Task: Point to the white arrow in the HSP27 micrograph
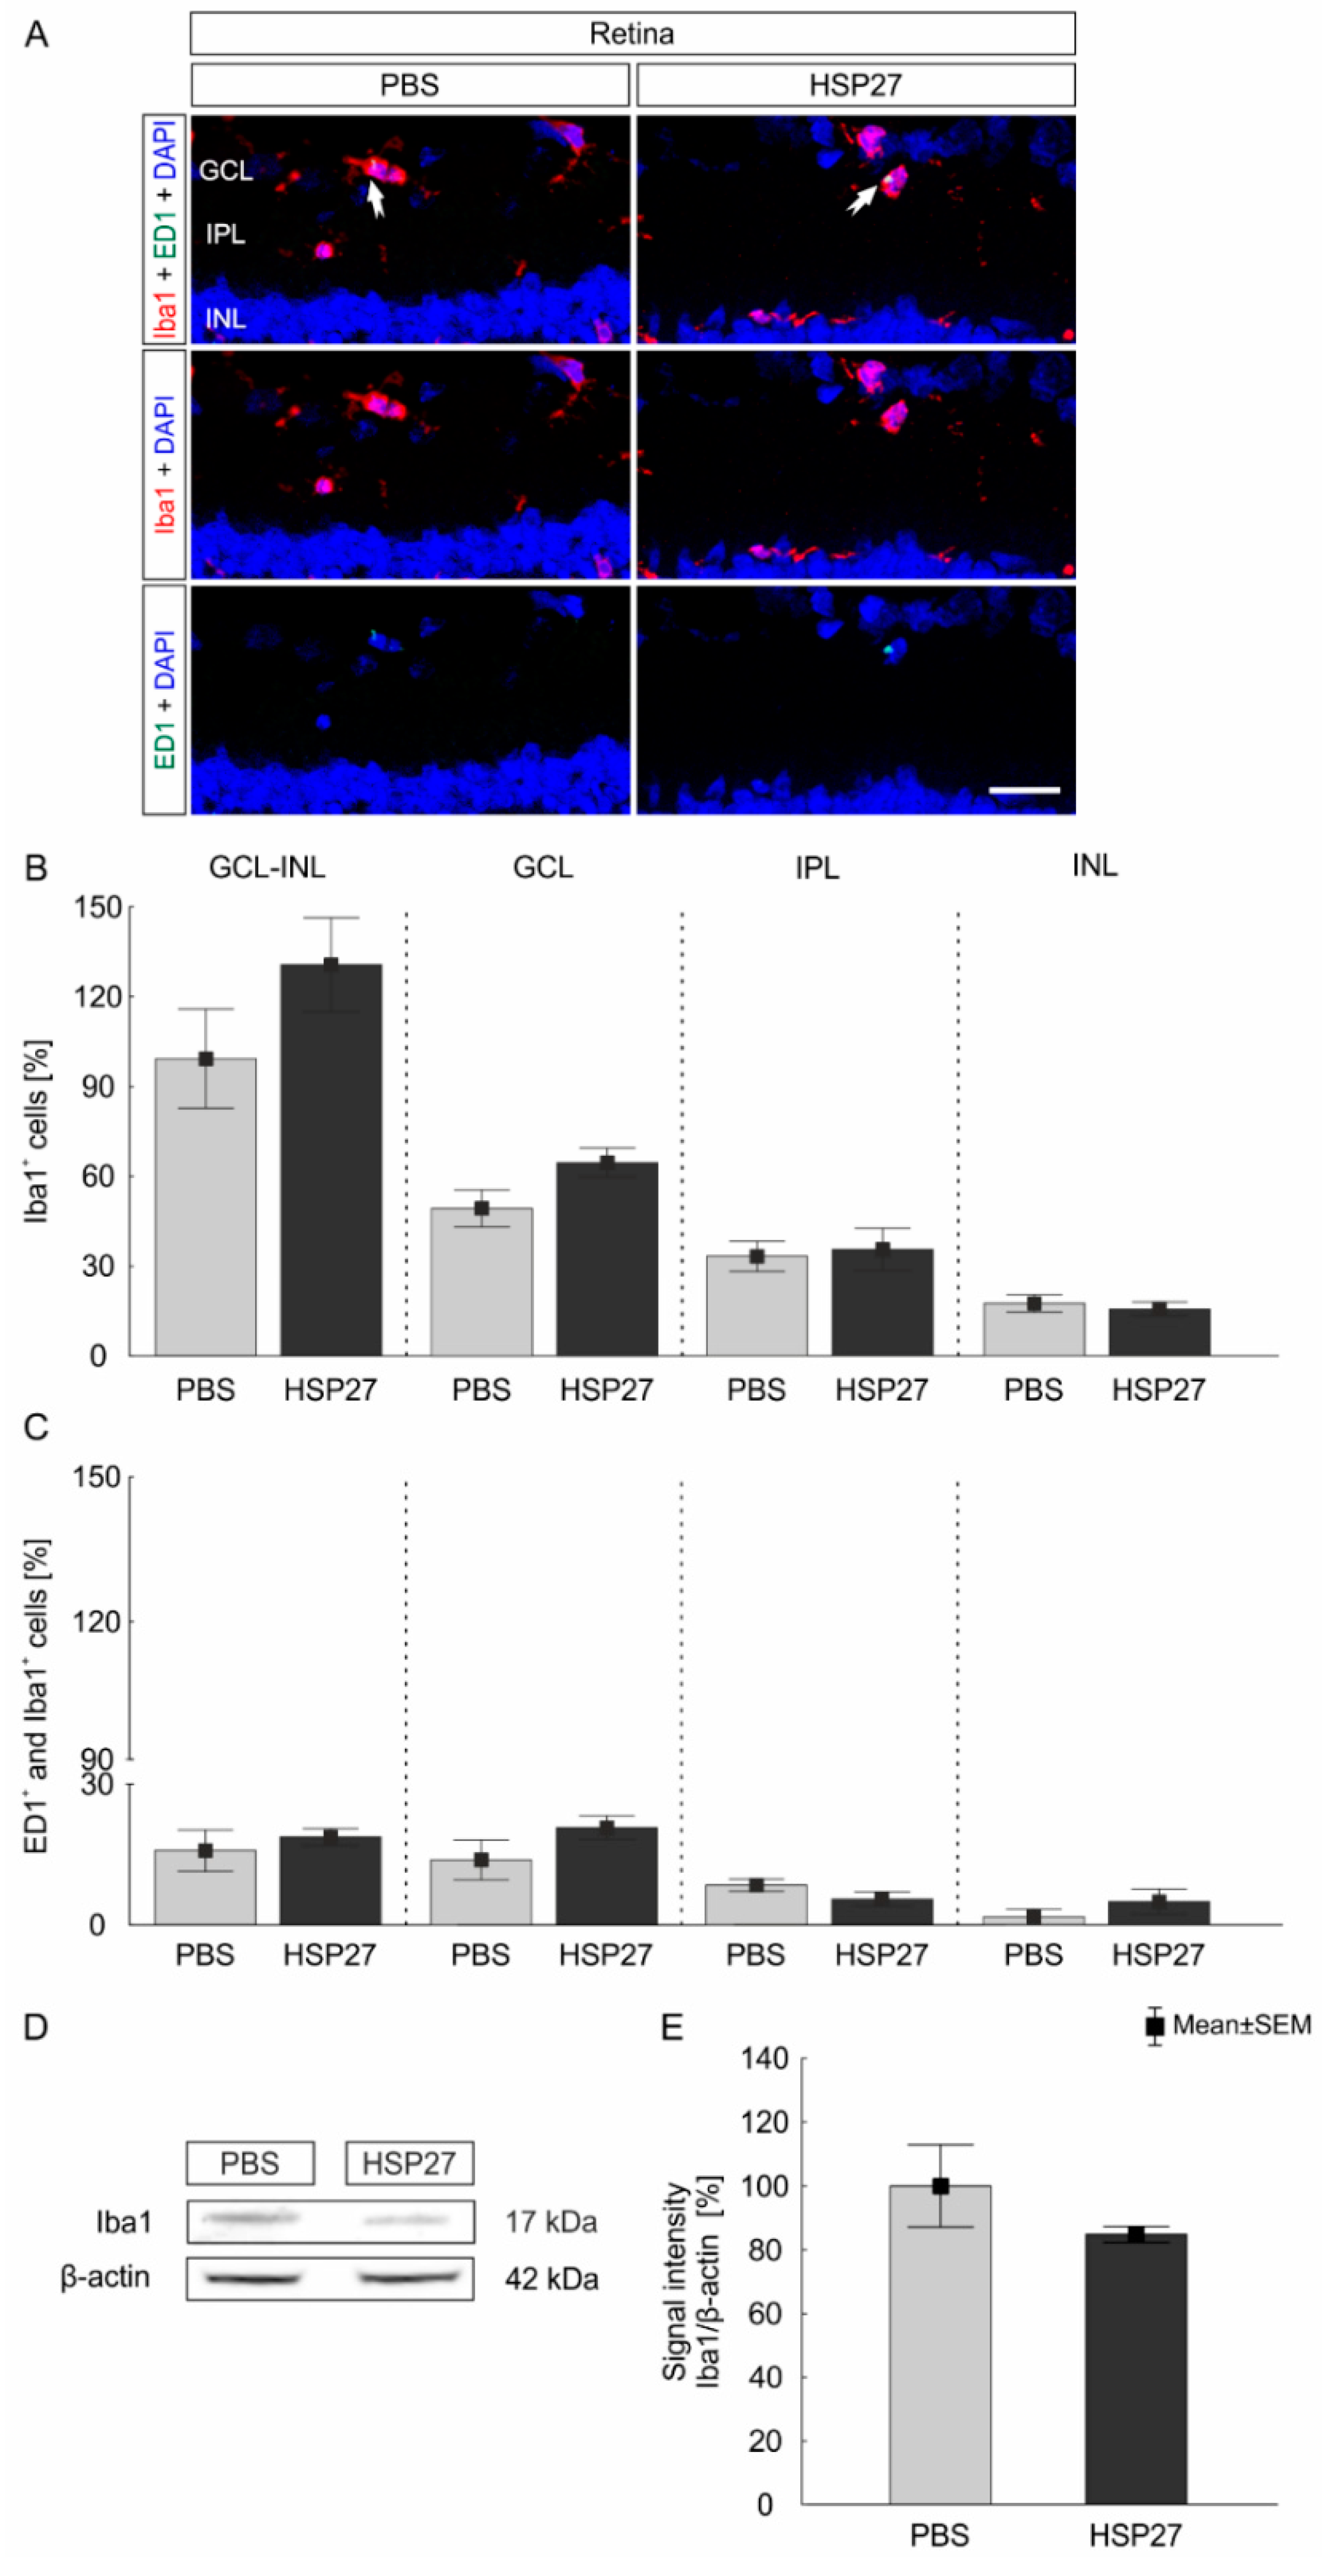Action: [x=861, y=198]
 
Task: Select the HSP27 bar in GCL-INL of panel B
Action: [x=330, y=1159]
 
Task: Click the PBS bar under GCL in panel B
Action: [x=481, y=1282]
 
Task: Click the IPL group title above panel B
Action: [x=817, y=868]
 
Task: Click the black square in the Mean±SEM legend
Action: [x=1155, y=2025]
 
